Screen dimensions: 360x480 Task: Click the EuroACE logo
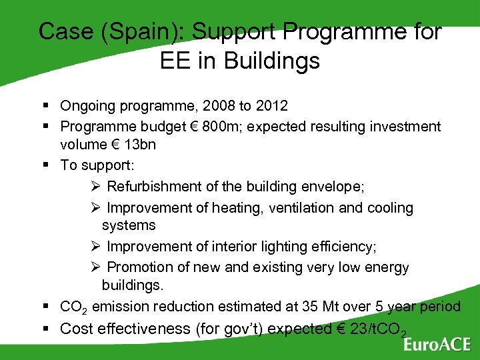436,344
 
